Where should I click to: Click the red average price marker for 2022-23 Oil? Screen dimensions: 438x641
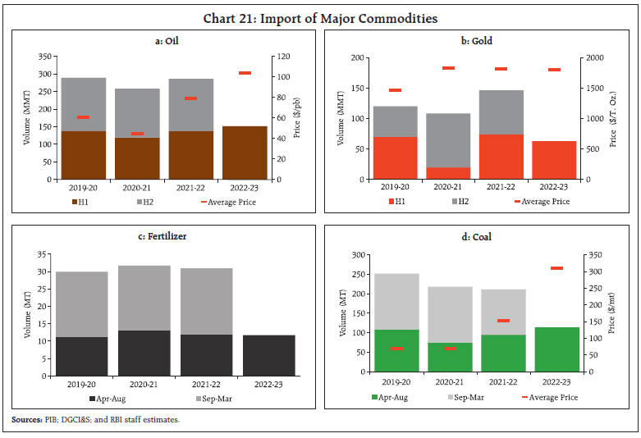(245, 73)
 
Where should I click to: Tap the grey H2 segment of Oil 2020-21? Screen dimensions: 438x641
(137, 113)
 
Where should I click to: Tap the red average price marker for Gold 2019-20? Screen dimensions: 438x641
(394, 90)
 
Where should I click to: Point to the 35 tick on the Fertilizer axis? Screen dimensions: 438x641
(43, 253)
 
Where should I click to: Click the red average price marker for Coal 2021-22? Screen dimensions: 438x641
(503, 321)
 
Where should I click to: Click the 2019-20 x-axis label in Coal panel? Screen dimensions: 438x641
(396, 382)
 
